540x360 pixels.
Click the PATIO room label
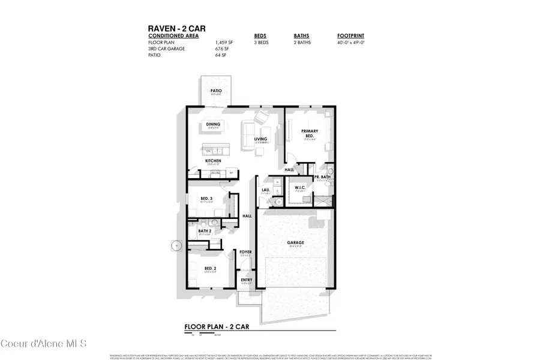(x=215, y=91)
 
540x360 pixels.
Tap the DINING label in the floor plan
(x=213, y=125)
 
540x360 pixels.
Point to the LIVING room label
(x=260, y=139)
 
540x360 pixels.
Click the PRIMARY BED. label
(x=310, y=133)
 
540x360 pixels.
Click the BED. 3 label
(x=206, y=199)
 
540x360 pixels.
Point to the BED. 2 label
(x=209, y=269)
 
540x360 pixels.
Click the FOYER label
(x=245, y=252)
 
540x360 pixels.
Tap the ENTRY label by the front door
(x=246, y=280)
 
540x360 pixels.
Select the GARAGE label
(x=296, y=243)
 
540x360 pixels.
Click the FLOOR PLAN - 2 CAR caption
(x=217, y=328)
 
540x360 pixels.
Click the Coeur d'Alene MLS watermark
(x=44, y=344)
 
